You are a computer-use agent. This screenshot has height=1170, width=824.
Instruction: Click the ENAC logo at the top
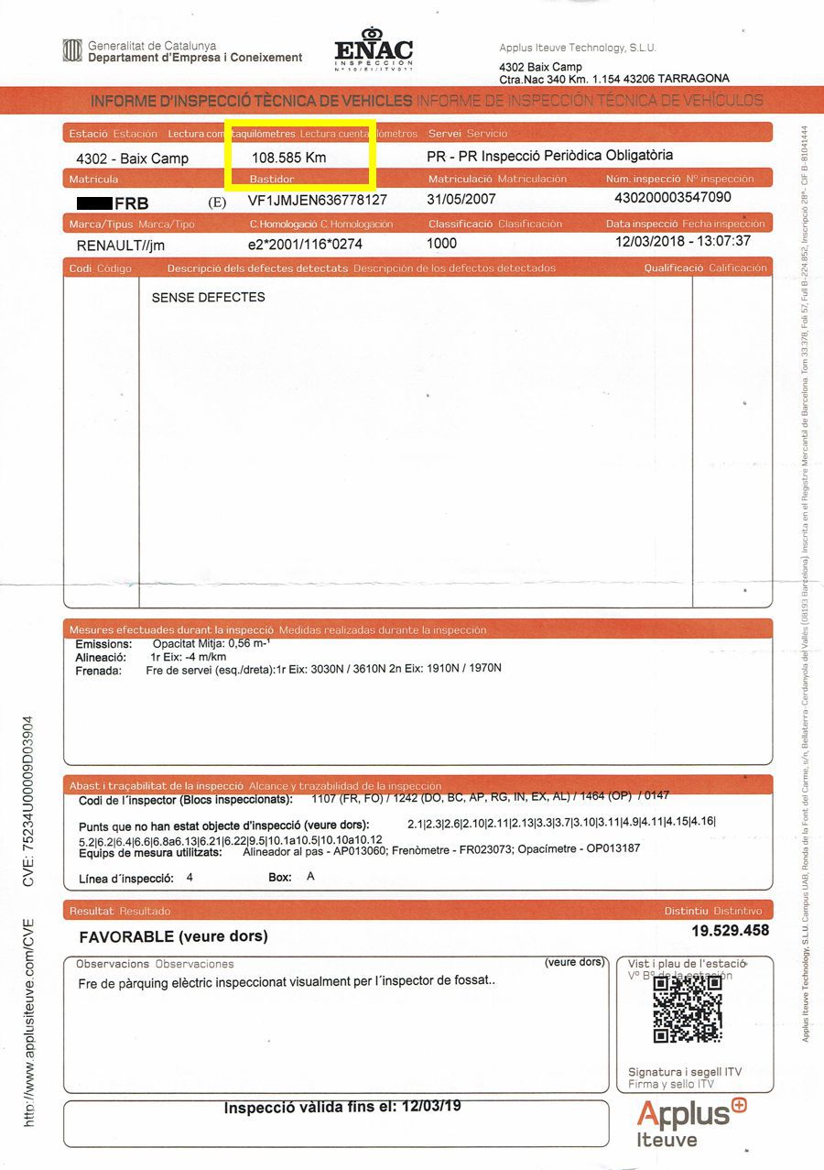pyautogui.click(x=374, y=50)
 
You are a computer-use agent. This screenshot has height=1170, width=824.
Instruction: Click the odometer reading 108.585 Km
pyautogui.click(x=289, y=158)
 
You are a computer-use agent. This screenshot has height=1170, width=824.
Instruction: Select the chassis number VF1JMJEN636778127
pyautogui.click(x=317, y=200)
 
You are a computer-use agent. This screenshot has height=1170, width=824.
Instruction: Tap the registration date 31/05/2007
pyautogui.click(x=462, y=199)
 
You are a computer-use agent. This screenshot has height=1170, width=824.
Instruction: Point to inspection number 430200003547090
pyautogui.click(x=673, y=198)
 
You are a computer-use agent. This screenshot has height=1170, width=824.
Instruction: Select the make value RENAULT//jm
pyautogui.click(x=121, y=246)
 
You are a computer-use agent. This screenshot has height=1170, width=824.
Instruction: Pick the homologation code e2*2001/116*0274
pyautogui.click(x=305, y=245)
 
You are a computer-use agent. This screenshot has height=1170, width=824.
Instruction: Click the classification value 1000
pyautogui.click(x=442, y=244)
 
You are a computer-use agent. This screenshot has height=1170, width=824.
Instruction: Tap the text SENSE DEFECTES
pyautogui.click(x=208, y=297)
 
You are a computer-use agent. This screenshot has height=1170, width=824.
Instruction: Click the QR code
pyautogui.click(x=688, y=1009)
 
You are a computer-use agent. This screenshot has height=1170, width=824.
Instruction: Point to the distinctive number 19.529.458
pyautogui.click(x=730, y=930)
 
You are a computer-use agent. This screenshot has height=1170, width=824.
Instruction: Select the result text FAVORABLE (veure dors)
pyautogui.click(x=174, y=936)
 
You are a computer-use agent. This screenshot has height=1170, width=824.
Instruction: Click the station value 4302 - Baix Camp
pyautogui.click(x=132, y=159)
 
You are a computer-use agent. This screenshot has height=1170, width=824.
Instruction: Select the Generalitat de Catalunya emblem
pyautogui.click(x=71, y=50)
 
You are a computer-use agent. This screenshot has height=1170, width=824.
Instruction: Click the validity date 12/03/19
pyautogui.click(x=430, y=1107)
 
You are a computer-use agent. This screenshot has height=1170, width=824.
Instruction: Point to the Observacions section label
pyautogui.click(x=112, y=964)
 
